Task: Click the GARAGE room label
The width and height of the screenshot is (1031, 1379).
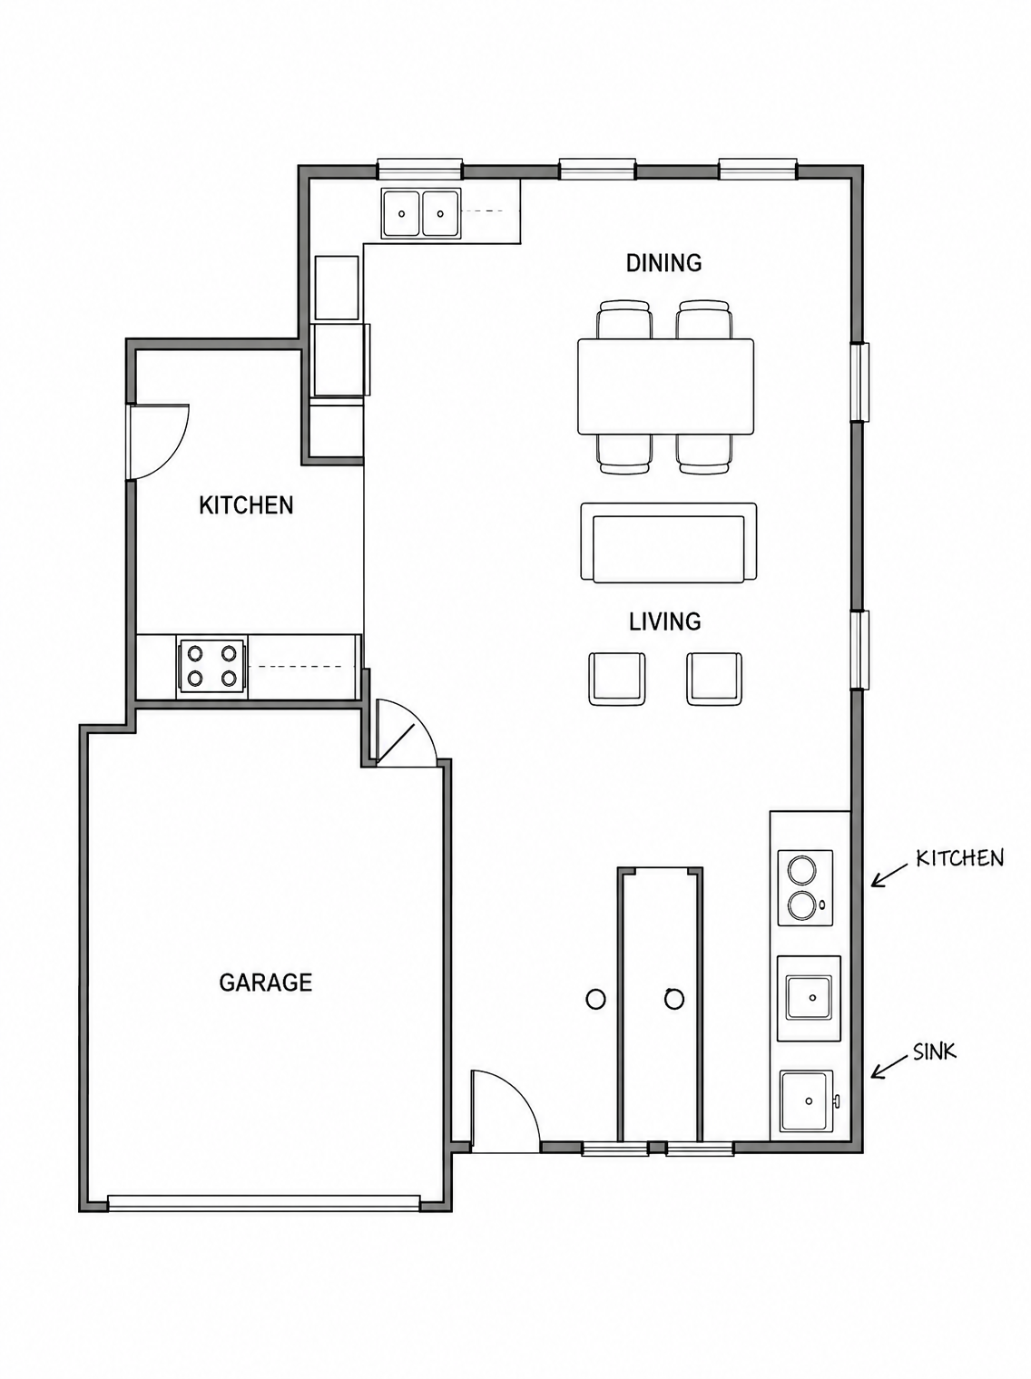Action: pos(265,982)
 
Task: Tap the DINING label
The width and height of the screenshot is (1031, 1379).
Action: pos(663,262)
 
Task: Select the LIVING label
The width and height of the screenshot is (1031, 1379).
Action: pos(664,621)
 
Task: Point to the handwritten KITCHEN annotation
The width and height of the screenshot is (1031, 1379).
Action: pos(959,857)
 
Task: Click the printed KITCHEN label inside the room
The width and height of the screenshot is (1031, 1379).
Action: pos(246,505)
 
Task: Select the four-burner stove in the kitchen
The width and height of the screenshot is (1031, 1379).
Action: pos(211,666)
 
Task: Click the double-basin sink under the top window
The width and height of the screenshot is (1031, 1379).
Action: pos(421,213)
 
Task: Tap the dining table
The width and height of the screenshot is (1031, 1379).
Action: pos(665,386)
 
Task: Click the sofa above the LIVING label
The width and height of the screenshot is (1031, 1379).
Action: pos(669,543)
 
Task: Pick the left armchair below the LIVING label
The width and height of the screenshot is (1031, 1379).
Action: pos(617,679)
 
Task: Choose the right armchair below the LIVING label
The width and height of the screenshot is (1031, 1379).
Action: pos(713,679)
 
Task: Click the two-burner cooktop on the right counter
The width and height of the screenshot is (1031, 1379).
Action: pos(805,887)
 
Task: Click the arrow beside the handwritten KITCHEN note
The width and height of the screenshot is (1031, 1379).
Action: pos(889,875)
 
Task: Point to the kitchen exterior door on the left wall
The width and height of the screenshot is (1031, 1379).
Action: pos(158,443)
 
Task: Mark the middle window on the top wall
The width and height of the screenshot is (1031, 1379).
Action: pos(597,169)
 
